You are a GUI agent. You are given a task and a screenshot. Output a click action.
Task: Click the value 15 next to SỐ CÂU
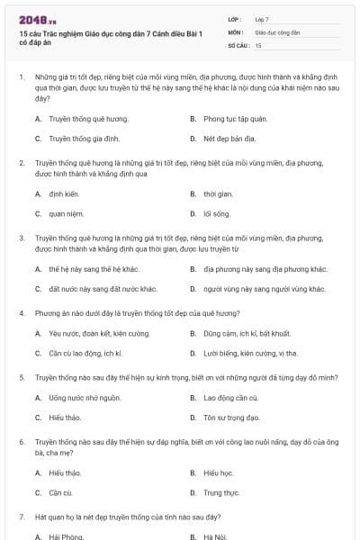coord(258,44)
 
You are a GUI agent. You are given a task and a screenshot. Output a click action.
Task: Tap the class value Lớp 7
coord(262,19)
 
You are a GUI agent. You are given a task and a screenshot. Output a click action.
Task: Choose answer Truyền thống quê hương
coord(76,118)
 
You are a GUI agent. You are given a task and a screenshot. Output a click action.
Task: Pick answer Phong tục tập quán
coord(233,118)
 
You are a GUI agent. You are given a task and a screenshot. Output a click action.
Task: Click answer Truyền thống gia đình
coord(72,139)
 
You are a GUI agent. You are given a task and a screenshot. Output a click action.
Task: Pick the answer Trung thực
coord(221,492)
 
